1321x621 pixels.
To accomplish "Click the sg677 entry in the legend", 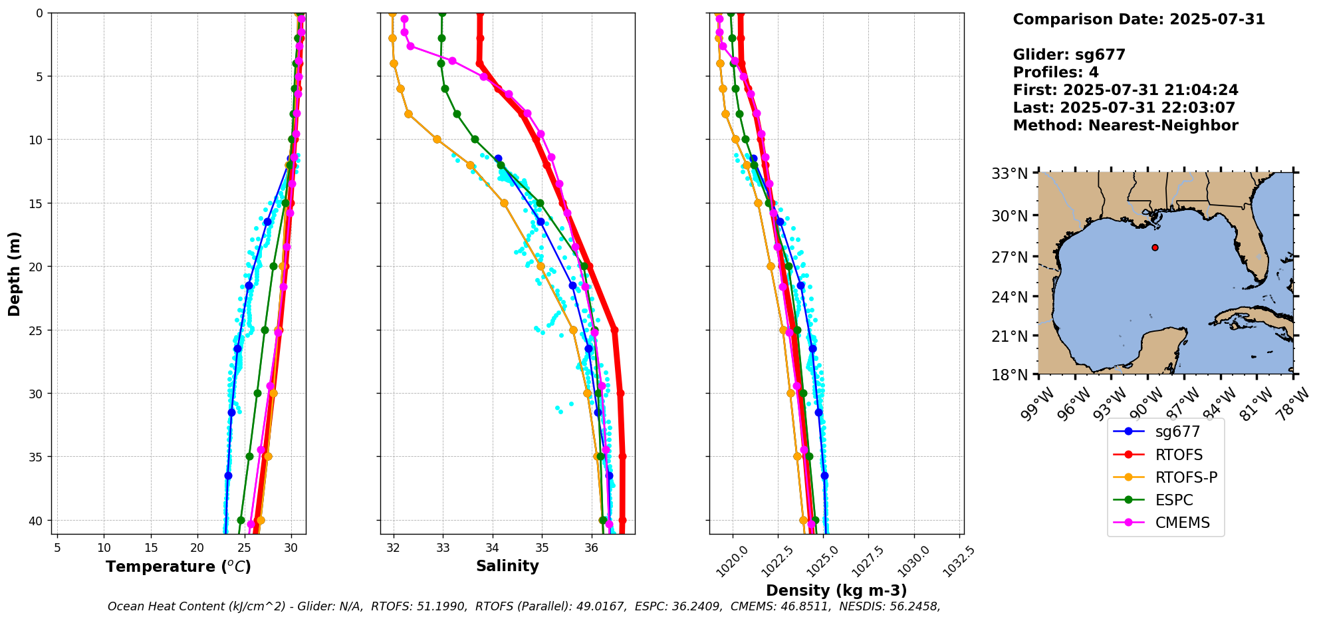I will point(1177,432).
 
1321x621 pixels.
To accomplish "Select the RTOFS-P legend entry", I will point(1186,477).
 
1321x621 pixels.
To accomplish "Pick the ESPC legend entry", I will point(1173,500).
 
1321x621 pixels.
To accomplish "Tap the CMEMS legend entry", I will point(1182,523).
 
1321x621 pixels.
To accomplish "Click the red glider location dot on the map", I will point(1155,247).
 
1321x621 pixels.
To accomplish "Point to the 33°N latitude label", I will point(1010,174).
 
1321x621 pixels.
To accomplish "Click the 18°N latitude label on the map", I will point(1010,375).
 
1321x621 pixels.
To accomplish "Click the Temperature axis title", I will point(178,566).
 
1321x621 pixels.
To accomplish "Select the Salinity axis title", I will point(507,566).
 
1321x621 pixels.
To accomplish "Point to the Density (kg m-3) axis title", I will point(836,590).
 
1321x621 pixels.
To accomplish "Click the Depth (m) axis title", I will point(15,273).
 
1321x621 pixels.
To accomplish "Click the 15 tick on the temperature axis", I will point(150,548).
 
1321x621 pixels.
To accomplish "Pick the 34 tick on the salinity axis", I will point(493,548).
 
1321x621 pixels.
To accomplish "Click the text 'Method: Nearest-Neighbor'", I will point(1125,126).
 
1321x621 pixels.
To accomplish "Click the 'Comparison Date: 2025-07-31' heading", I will point(1138,19).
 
